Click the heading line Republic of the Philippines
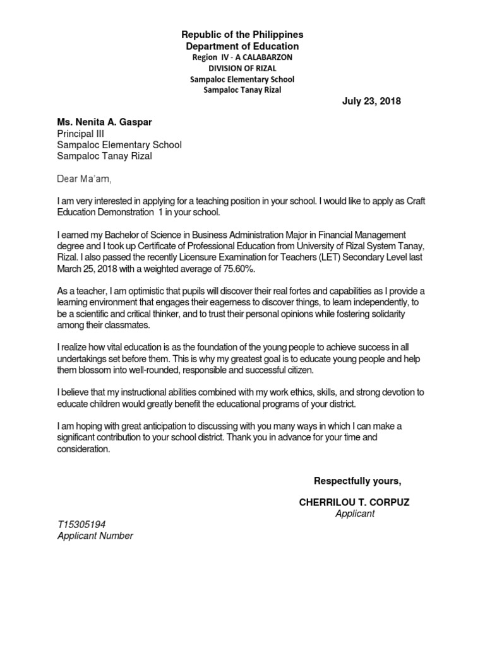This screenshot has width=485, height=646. coord(242,34)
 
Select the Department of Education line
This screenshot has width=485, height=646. coord(242,46)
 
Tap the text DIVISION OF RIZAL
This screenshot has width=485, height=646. coord(242,68)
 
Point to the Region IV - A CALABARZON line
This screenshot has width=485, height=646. coord(242,57)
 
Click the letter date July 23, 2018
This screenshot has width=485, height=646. coord(371,101)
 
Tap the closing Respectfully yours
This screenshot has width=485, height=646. coord(357,481)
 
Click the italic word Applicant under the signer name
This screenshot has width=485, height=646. coord(354,514)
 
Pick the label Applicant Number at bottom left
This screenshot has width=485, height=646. coord(95,536)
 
